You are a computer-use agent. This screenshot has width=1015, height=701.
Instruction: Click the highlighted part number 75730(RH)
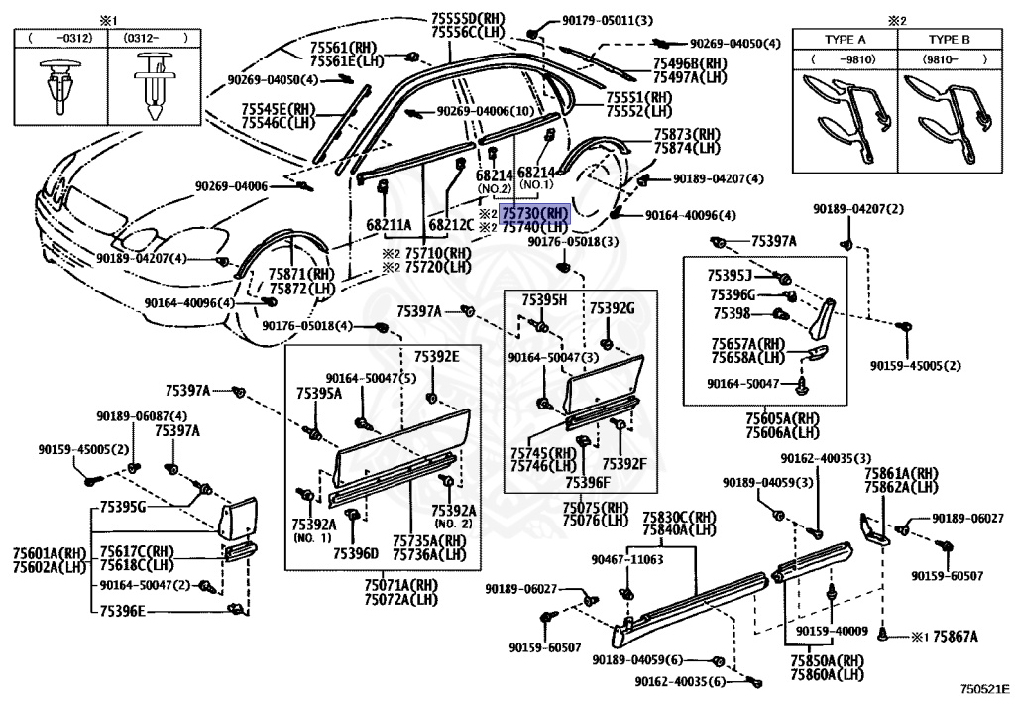[535, 213]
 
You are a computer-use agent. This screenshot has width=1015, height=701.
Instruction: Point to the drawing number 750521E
[982, 686]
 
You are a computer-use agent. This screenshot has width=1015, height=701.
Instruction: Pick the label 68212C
[451, 225]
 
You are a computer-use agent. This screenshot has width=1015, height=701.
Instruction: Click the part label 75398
[733, 314]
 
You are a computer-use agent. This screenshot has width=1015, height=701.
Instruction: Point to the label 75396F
[591, 482]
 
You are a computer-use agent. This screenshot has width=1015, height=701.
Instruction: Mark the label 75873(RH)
[686, 134]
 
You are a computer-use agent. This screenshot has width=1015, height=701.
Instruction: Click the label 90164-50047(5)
[372, 378]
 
